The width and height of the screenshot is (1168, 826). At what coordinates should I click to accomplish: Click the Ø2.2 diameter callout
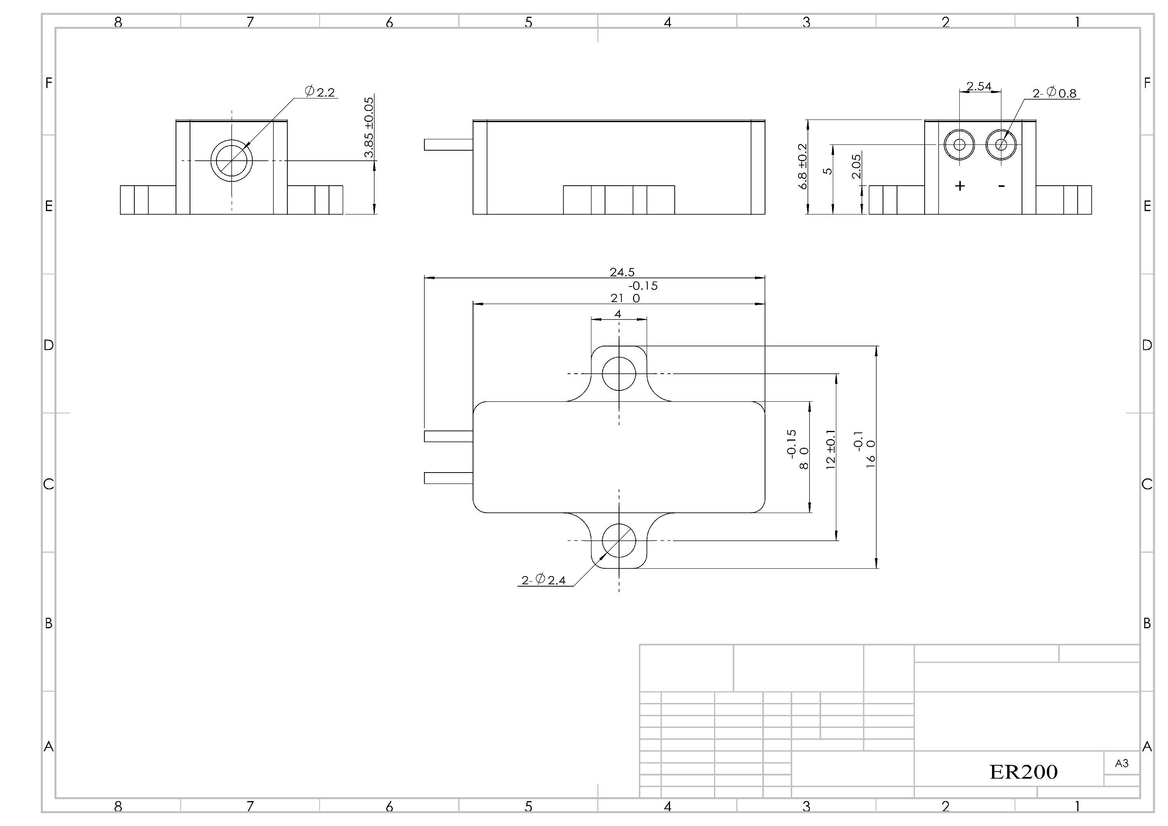point(320,91)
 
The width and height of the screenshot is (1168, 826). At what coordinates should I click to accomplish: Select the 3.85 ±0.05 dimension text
point(369,127)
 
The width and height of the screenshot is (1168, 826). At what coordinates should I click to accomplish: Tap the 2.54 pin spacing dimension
point(979,86)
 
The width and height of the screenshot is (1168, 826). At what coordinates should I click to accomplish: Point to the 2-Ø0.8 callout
point(1055,93)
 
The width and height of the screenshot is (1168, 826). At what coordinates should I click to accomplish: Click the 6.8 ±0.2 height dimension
point(803,166)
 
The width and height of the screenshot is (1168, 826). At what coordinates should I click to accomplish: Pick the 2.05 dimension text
point(856,166)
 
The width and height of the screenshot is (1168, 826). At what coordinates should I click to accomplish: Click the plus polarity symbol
point(960,186)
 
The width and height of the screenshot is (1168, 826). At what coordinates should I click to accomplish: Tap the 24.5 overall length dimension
point(622,272)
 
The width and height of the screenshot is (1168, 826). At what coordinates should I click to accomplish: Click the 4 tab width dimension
point(618,314)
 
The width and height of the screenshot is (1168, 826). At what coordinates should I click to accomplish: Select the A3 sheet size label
point(1122,763)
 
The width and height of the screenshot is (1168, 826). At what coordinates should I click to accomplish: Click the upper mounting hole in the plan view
point(619,374)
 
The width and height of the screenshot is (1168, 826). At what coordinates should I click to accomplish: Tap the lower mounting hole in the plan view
point(619,541)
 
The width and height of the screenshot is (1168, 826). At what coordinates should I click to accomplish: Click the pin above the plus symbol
point(959,145)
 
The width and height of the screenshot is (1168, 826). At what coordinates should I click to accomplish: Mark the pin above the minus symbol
point(1001,145)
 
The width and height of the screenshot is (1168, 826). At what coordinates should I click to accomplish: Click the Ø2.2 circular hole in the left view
point(232,161)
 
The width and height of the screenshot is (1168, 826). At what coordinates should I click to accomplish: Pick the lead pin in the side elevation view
point(449,145)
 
